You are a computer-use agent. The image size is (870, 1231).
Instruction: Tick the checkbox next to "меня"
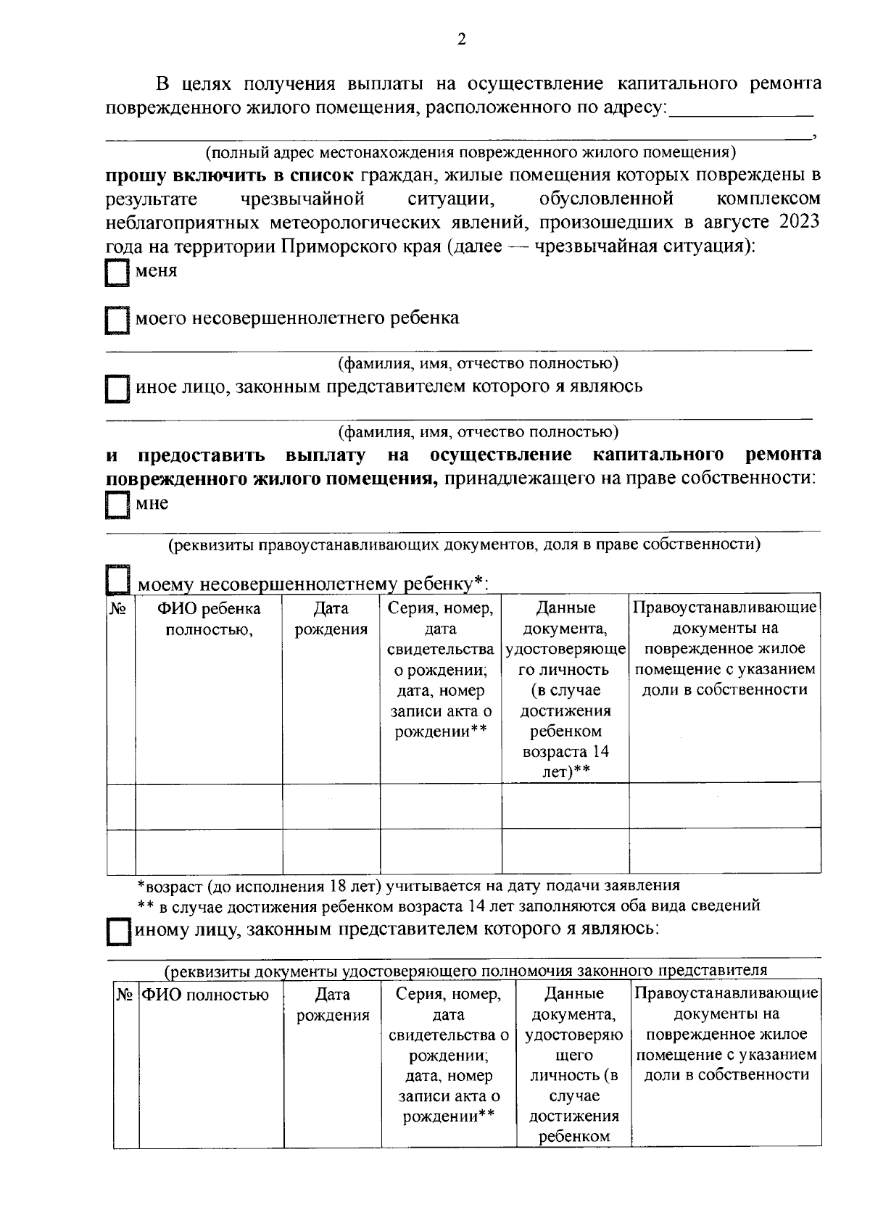coord(116,274)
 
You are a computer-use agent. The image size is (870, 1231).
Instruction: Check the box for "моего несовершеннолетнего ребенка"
coord(116,320)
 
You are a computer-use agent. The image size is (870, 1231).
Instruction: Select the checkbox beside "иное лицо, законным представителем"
coord(116,389)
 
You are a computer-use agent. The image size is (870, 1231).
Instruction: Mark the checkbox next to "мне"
coord(116,505)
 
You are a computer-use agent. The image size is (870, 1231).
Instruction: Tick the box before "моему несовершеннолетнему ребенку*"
coord(117,579)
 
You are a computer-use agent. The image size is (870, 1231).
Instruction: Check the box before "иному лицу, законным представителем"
coord(117,931)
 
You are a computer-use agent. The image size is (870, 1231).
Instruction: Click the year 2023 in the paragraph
coord(799,222)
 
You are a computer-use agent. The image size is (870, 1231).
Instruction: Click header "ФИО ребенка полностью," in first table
coord(209,618)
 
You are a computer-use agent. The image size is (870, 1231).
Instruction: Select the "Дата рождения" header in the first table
coord(331,618)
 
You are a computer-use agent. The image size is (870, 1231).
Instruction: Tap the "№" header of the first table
coord(120,608)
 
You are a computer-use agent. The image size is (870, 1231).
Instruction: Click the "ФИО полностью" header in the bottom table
coord(206,995)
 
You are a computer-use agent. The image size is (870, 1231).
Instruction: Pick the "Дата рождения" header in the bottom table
coord(333,1005)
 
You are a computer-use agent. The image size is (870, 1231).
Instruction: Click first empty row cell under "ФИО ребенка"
coord(209,805)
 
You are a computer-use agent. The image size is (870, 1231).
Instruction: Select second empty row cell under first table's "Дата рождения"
coord(331,850)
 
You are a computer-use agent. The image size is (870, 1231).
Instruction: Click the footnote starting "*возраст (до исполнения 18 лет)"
coord(409,885)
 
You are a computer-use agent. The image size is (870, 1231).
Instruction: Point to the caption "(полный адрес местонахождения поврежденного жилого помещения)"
coord(471,152)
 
